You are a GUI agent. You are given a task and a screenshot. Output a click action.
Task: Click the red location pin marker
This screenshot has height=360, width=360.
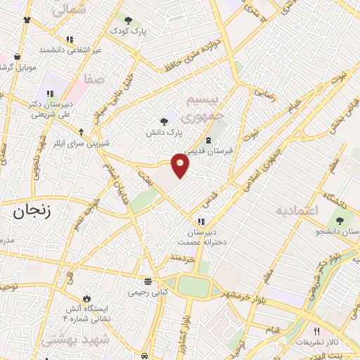point(181,165)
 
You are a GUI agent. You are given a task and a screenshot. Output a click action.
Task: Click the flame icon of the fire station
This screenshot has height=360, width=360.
point(86,298)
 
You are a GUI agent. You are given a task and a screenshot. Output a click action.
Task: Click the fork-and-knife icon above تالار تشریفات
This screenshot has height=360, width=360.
point(316,331)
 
